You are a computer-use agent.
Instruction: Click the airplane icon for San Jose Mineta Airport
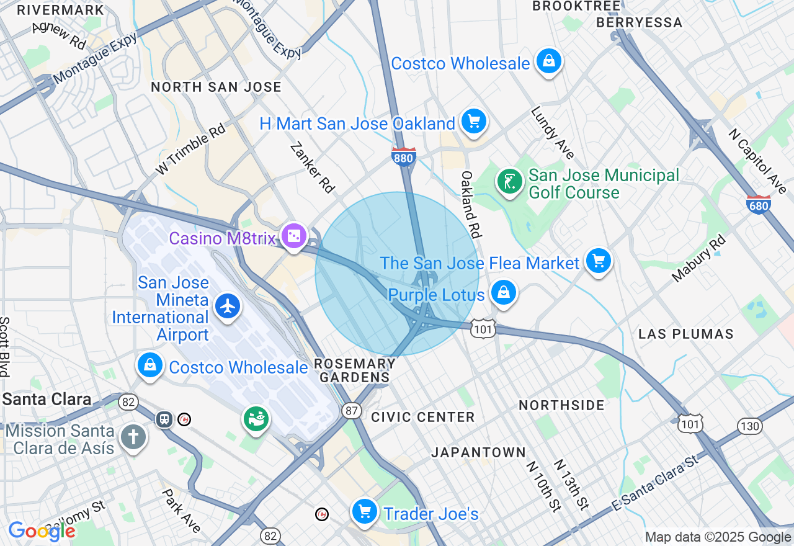tap(228, 306)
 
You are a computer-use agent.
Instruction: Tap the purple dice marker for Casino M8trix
tap(293, 236)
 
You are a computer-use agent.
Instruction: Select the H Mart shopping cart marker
tap(474, 122)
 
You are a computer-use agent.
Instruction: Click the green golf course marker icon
tap(509, 182)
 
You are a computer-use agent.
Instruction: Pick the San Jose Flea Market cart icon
tap(599, 261)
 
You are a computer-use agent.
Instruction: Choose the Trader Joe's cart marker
tap(365, 512)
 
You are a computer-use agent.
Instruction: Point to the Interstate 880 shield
tap(403, 158)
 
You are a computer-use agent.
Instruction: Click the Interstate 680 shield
tap(759, 205)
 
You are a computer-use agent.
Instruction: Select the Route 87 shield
tap(352, 410)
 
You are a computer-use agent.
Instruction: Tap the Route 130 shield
tap(750, 426)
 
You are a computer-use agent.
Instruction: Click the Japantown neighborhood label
tap(478, 453)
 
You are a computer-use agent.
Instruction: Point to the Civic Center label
tap(423, 417)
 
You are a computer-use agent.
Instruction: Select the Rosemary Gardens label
tap(355, 370)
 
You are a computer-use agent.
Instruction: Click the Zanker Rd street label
tap(313, 168)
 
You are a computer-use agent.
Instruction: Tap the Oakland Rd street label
tap(471, 205)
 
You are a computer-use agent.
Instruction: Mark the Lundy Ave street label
tap(552, 133)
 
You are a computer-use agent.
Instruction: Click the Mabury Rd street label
tap(698, 258)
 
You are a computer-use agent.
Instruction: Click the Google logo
tap(42, 531)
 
